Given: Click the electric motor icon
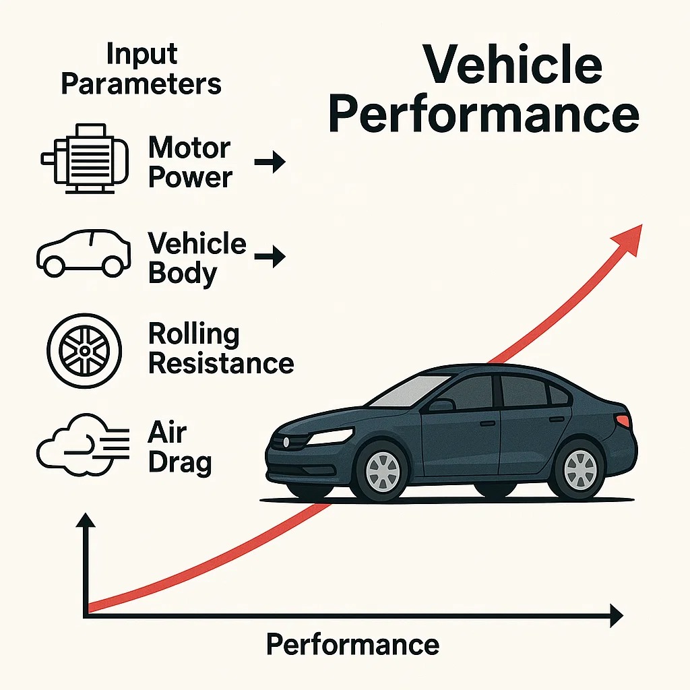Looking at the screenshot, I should click(85, 159).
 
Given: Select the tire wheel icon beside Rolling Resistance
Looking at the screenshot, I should click(84, 350).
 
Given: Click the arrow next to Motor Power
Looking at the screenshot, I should click(270, 162).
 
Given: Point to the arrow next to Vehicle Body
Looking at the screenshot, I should click(270, 257).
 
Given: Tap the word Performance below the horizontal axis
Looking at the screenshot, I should click(352, 644).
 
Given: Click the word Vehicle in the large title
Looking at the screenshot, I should click(512, 65).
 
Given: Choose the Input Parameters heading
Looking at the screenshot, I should click(141, 69).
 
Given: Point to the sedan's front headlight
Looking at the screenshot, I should click(330, 436).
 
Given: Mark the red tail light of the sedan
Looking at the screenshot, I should click(623, 421).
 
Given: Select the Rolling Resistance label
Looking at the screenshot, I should click(220, 348).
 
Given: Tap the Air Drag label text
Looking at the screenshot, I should click(179, 447).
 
